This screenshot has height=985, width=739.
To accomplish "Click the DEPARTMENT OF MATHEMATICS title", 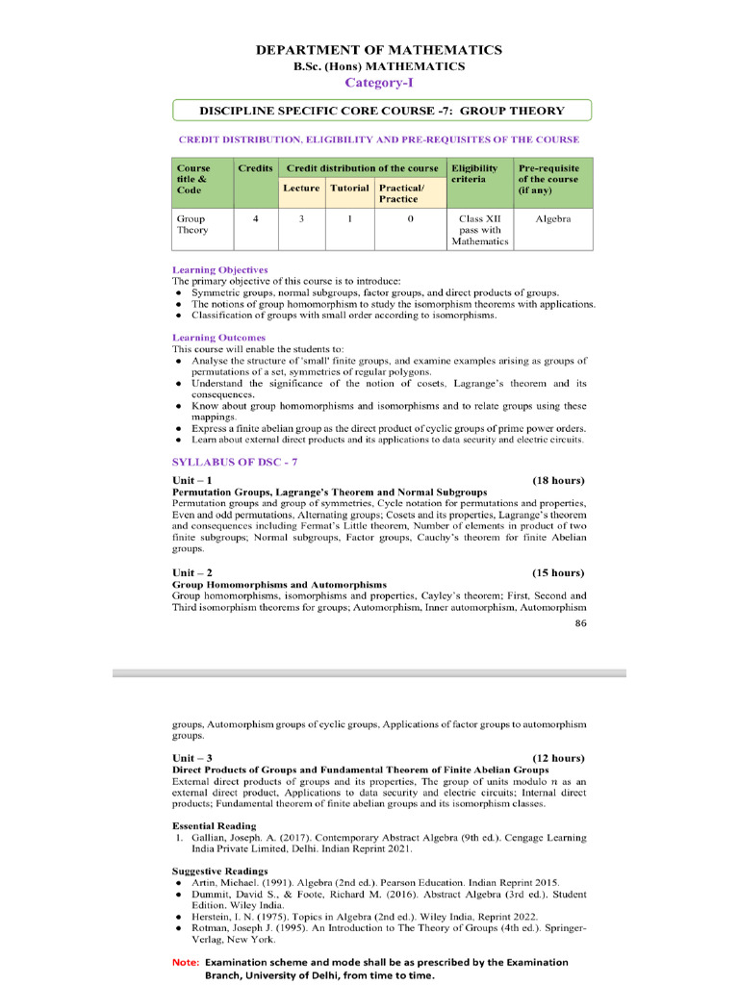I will [378, 50].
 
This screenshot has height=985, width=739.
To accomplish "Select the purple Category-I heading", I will [378, 83].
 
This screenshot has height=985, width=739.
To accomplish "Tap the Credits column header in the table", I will [255, 168].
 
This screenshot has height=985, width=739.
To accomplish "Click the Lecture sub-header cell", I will [301, 188].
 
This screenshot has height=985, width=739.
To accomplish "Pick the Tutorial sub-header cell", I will [349, 188].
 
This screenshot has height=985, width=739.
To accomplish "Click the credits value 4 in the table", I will [255, 219].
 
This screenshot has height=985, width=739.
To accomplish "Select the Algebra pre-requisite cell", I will [553, 219].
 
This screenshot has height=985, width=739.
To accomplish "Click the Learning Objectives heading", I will [219, 270].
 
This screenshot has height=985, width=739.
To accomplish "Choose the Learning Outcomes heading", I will [218, 338].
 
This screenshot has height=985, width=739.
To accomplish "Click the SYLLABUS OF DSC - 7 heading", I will [227, 462].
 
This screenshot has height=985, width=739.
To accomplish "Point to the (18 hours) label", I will [558, 480].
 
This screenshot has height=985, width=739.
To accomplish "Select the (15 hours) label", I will [558, 573].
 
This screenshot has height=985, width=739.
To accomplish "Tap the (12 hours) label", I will [558, 758].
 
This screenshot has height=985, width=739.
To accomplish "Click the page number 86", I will [580, 623].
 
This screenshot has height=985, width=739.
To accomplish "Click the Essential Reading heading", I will [214, 826].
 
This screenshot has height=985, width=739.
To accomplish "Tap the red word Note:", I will [186, 962].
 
